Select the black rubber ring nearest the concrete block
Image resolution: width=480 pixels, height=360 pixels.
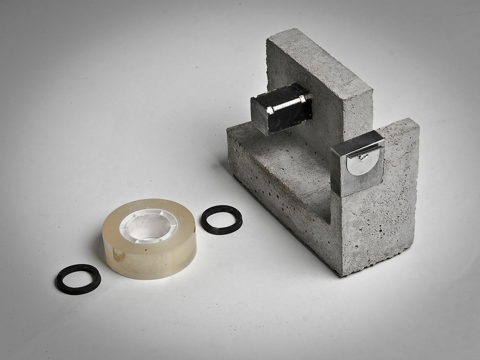[222, 220]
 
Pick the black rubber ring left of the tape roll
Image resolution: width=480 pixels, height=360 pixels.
[78, 279]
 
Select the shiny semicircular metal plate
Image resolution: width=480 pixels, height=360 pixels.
[362, 162]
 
